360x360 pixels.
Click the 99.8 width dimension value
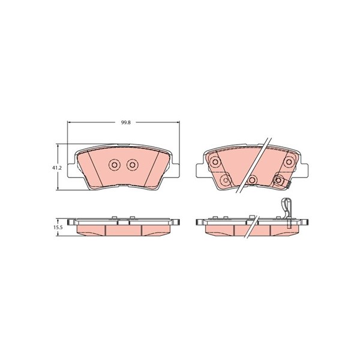pos(126,122)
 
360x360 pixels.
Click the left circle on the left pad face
pos(114,164)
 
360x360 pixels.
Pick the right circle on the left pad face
pos(132,164)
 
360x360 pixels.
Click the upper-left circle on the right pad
pos(215,162)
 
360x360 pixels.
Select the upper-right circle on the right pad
pos(289,162)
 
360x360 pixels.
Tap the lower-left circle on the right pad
pos(226,180)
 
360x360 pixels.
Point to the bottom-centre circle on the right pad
pos(253,180)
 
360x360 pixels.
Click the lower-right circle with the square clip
pos(278,180)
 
